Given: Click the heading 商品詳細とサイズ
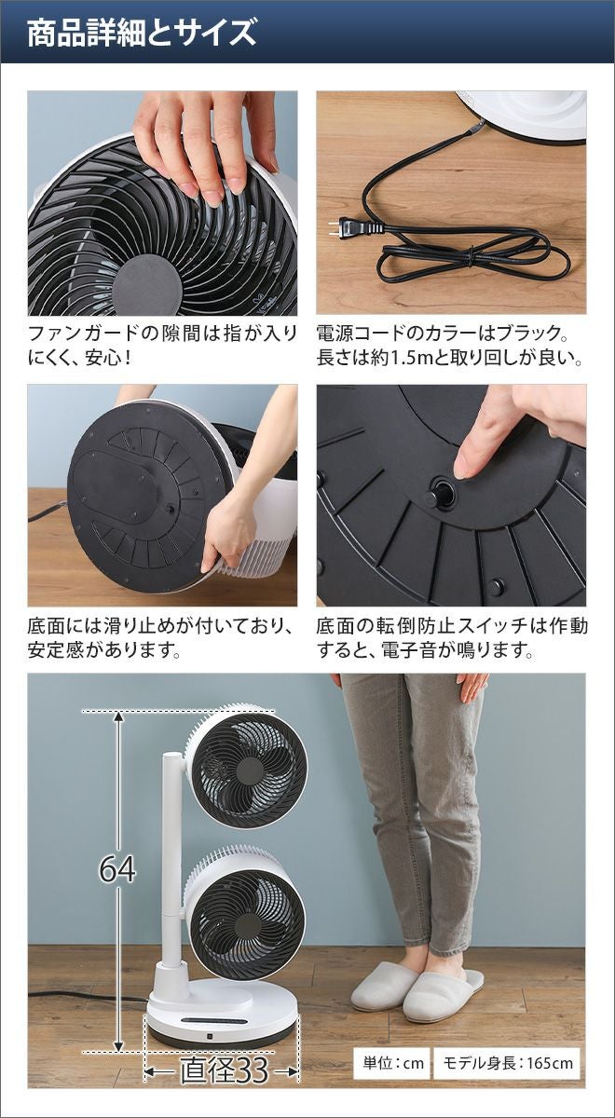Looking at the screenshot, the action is click(x=142, y=33).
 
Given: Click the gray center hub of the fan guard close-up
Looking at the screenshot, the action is click(x=147, y=286).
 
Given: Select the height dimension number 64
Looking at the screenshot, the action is click(x=117, y=869).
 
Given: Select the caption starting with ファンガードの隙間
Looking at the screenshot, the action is click(x=162, y=346).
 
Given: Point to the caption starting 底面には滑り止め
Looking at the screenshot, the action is click(x=160, y=638).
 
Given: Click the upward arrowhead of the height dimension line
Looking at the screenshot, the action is click(x=117, y=717).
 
